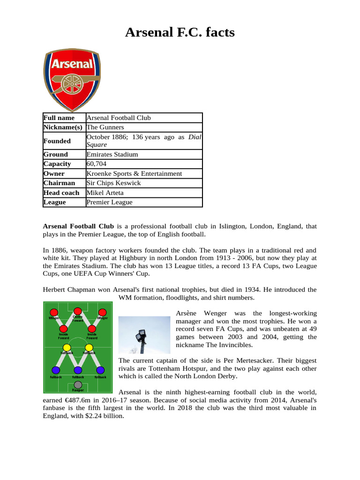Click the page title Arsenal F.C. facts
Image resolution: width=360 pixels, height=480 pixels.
coord(180,33)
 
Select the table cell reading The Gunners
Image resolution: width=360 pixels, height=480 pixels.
coord(105,127)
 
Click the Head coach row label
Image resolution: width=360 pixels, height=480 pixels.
coord(61,193)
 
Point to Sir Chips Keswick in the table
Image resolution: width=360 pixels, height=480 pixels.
coord(113,183)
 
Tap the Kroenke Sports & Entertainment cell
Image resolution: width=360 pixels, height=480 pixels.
coord(134,173)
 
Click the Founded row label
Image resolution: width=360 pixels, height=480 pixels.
coord(57,141)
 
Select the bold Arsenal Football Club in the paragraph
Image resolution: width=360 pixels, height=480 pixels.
coord(78,226)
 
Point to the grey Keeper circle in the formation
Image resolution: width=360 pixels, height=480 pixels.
coord(78,385)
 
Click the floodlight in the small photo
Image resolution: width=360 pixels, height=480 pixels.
coord(140,336)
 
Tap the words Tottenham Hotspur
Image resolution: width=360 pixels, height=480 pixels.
coord(166,368)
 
